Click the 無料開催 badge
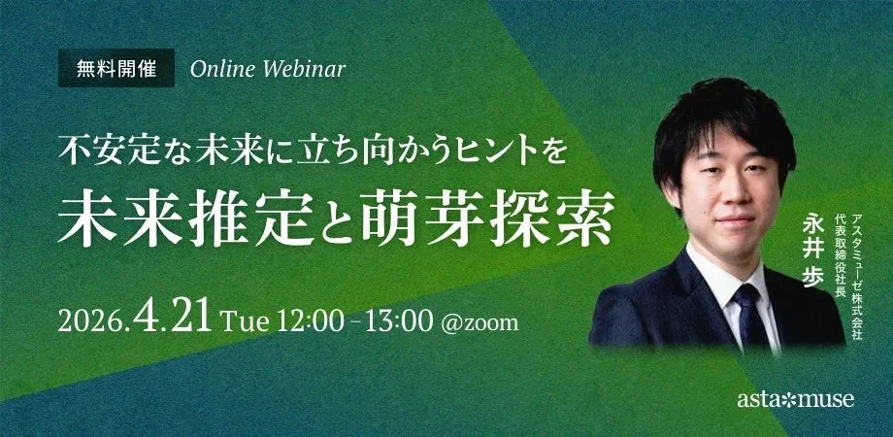click(x=116, y=68)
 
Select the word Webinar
click(x=305, y=69)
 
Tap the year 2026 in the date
click(x=90, y=322)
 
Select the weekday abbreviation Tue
click(x=245, y=322)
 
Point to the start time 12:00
click(x=311, y=322)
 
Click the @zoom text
click(x=480, y=323)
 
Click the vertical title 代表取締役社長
click(x=840, y=248)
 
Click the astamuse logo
click(x=796, y=399)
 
